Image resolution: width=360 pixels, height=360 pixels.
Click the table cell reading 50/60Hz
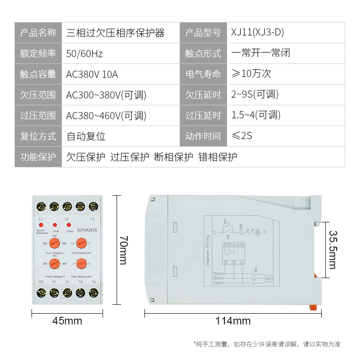tap(85, 54)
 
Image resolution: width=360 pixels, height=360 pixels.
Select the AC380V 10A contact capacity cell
tap(92, 74)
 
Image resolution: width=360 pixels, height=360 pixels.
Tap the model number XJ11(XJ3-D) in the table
tap(257, 33)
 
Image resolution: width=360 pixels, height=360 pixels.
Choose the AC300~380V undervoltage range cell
tap(106, 95)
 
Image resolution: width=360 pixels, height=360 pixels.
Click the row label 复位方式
tap(38, 136)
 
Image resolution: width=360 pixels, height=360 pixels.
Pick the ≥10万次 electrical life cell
tap(251, 74)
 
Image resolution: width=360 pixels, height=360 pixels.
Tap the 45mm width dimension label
tap(67, 321)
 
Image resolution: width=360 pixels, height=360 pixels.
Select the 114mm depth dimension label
tap(233, 321)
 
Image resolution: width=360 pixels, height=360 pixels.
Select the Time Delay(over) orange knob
tap(81, 243)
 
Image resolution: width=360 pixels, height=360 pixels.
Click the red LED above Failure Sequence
tap(41, 225)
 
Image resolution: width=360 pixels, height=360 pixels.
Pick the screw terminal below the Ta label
tap(94, 293)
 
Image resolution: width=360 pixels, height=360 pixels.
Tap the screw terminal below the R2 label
tap(41, 293)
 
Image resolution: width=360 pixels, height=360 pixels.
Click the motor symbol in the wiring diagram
tap(268, 278)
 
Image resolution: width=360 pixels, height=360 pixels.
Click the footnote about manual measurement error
tap(266, 344)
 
